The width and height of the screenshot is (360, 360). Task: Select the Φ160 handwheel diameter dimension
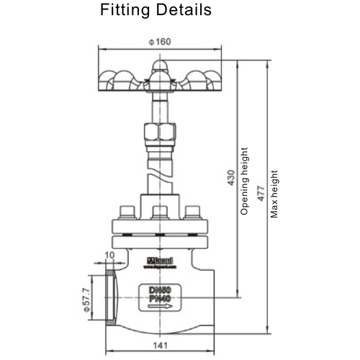pos(159,42)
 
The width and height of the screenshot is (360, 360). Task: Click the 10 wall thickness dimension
pos(109,255)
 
